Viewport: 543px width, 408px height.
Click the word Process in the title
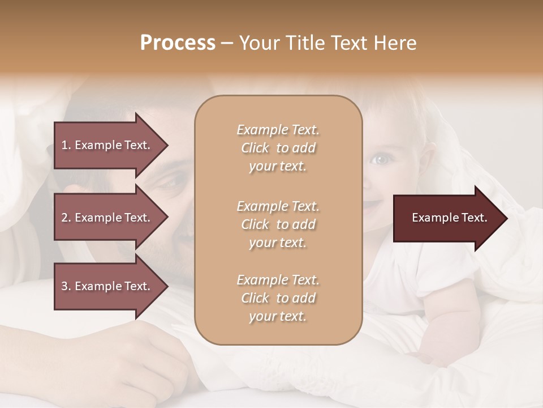click(178, 43)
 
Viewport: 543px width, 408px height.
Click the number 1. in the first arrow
click(66, 145)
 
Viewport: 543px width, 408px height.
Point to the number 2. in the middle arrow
click(66, 218)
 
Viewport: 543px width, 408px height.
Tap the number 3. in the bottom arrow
click(66, 286)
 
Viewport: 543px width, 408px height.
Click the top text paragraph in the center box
click(278, 148)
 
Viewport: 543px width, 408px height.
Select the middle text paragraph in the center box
click(278, 224)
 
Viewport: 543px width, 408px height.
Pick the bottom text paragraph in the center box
click(278, 298)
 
